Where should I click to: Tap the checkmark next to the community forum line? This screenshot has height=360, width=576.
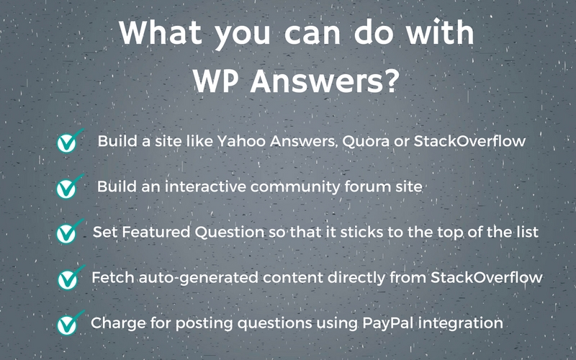click(68, 187)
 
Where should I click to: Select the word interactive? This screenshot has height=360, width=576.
click(197, 186)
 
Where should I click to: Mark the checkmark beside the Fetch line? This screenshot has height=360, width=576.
click(68, 278)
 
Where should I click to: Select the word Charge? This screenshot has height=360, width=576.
click(115, 323)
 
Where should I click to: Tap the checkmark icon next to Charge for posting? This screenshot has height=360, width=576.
click(68, 323)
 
